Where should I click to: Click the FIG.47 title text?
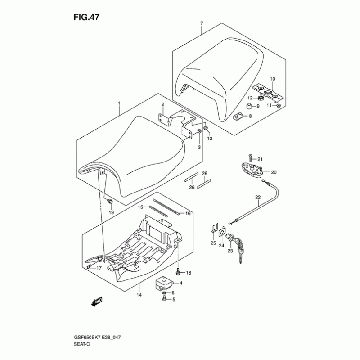pos(86,17)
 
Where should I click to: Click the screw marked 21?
pos(250,158)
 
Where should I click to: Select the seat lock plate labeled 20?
pos(251,171)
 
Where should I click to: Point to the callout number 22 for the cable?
pos(258,197)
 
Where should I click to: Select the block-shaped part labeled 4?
pos(163,283)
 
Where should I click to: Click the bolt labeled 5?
pos(164,299)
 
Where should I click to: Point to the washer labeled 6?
pos(164,293)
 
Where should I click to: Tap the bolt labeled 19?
pos(110,202)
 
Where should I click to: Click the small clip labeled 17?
pos(89,266)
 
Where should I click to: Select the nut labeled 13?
pos(205,128)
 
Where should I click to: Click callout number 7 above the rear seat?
pos(202,23)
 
